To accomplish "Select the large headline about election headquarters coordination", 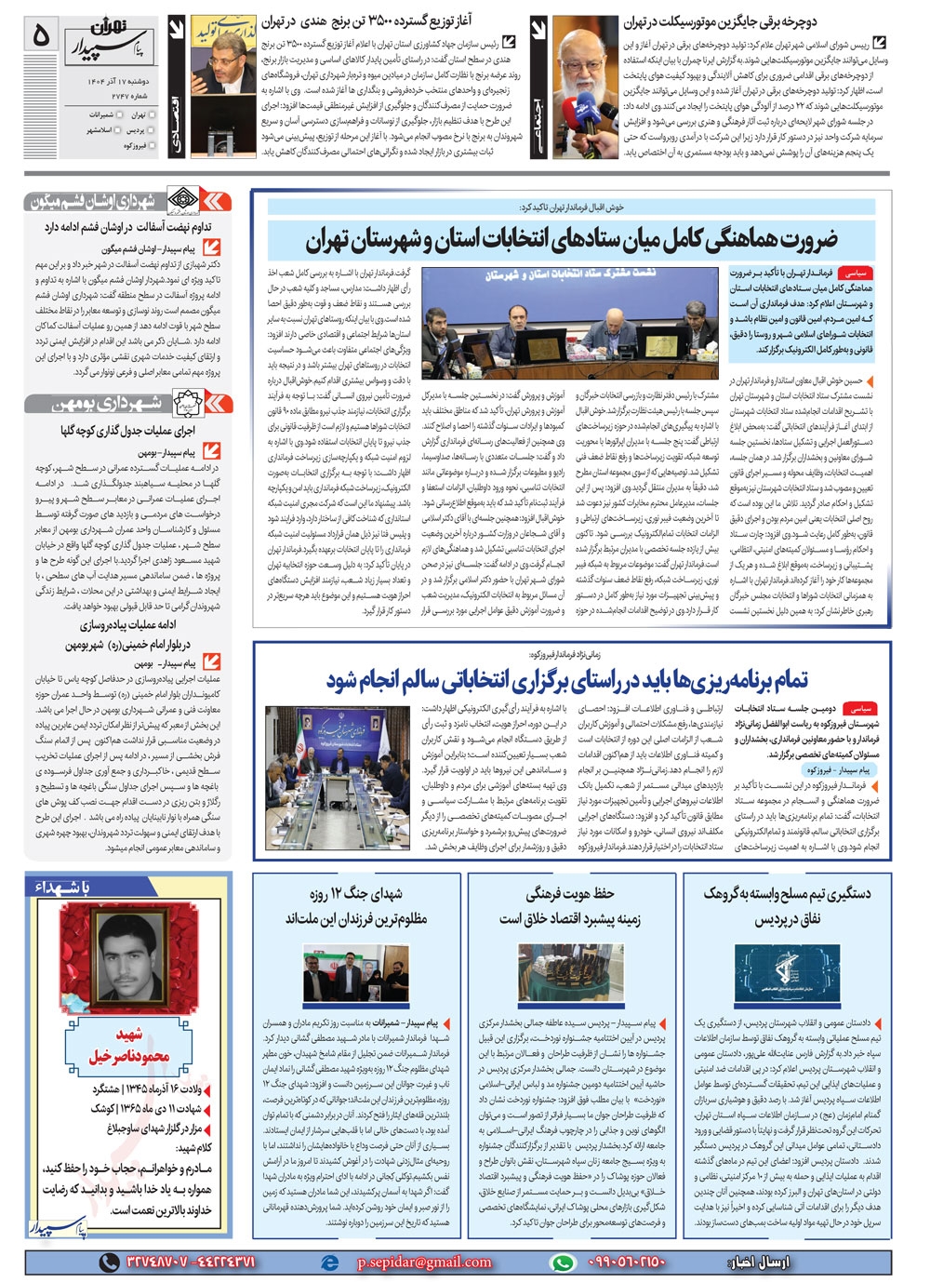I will point(571,239).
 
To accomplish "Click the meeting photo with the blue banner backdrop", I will point(571,322).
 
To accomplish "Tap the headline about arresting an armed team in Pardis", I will point(787,906).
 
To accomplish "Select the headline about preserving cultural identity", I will point(570,906).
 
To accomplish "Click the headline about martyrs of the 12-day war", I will point(356,906).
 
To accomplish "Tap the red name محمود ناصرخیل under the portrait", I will point(130,1047).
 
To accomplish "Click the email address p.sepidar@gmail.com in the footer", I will point(424,1262).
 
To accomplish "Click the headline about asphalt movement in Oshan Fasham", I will point(128,226).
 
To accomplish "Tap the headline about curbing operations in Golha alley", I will point(128,431).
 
